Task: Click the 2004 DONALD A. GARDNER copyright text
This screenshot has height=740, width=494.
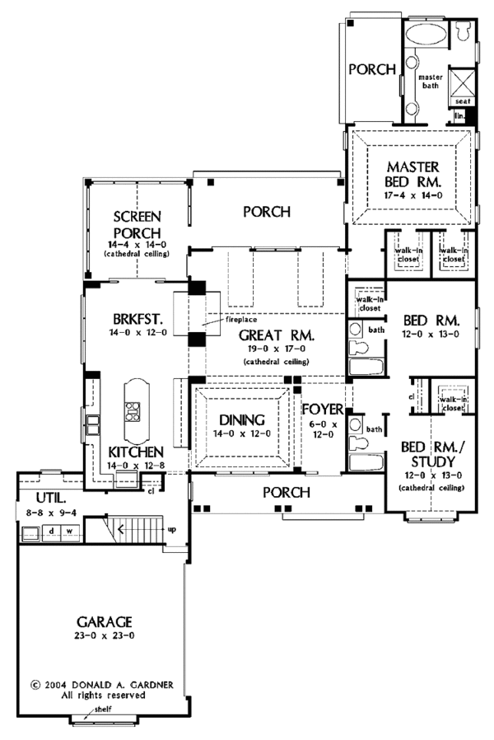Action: [x=95, y=684]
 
